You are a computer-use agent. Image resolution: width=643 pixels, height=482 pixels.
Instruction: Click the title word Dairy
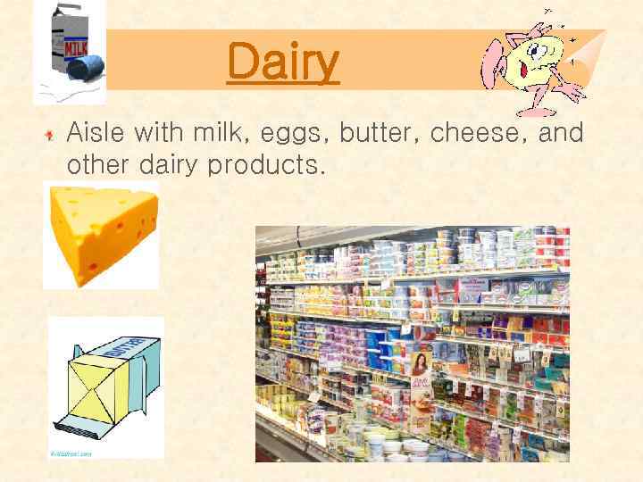[x=283, y=62]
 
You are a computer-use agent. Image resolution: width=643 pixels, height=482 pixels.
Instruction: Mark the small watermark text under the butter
[x=71, y=453]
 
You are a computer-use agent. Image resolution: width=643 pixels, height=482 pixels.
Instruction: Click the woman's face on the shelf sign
[x=419, y=362]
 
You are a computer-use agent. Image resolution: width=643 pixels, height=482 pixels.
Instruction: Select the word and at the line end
[x=562, y=134]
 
